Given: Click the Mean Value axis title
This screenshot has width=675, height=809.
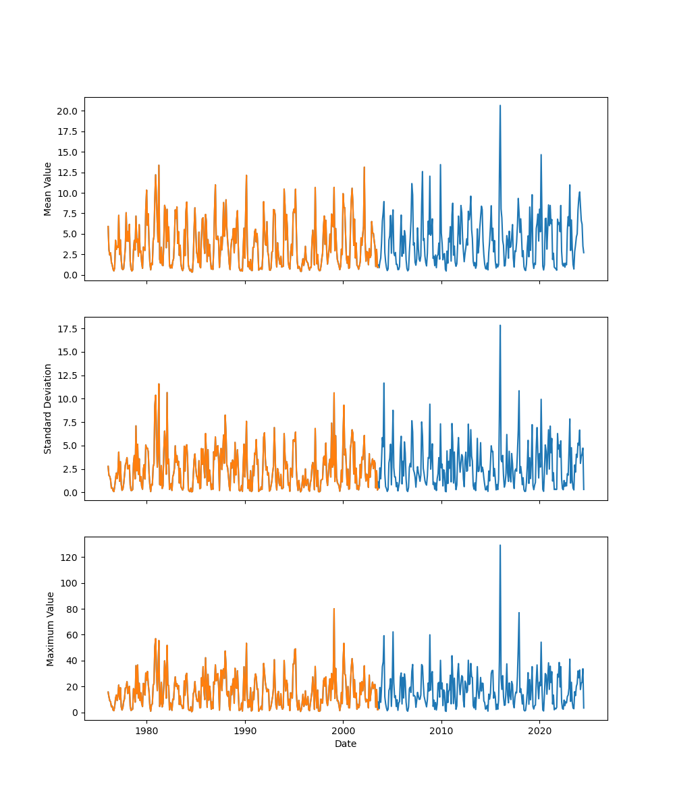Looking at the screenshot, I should (x=48, y=189).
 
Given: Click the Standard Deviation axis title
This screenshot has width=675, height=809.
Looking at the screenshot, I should (x=48, y=409).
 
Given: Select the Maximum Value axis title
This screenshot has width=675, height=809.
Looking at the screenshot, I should (x=51, y=628).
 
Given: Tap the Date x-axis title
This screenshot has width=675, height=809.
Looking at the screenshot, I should (x=346, y=744).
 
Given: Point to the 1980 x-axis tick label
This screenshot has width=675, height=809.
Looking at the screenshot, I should (x=146, y=731).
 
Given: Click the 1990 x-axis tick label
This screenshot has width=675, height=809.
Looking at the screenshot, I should (x=245, y=731).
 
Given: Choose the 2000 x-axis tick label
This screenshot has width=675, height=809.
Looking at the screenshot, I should (x=343, y=731).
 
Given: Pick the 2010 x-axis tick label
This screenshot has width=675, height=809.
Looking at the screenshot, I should (x=441, y=731).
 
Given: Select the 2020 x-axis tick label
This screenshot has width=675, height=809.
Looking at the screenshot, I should (x=539, y=731).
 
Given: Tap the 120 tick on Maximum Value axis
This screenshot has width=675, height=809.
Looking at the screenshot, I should (x=72, y=557).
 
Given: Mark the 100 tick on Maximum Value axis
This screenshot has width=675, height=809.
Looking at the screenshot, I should (x=72, y=582).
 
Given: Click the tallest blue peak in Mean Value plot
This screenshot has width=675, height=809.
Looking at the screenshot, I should (x=500, y=106).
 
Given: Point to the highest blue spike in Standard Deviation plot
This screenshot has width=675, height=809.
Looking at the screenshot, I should (x=500, y=326).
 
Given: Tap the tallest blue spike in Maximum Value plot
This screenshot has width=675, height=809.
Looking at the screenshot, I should (x=500, y=545).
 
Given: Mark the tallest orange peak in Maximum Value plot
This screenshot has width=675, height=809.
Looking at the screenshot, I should (x=333, y=609).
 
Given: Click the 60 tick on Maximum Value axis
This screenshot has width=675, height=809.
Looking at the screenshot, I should (x=74, y=634).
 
